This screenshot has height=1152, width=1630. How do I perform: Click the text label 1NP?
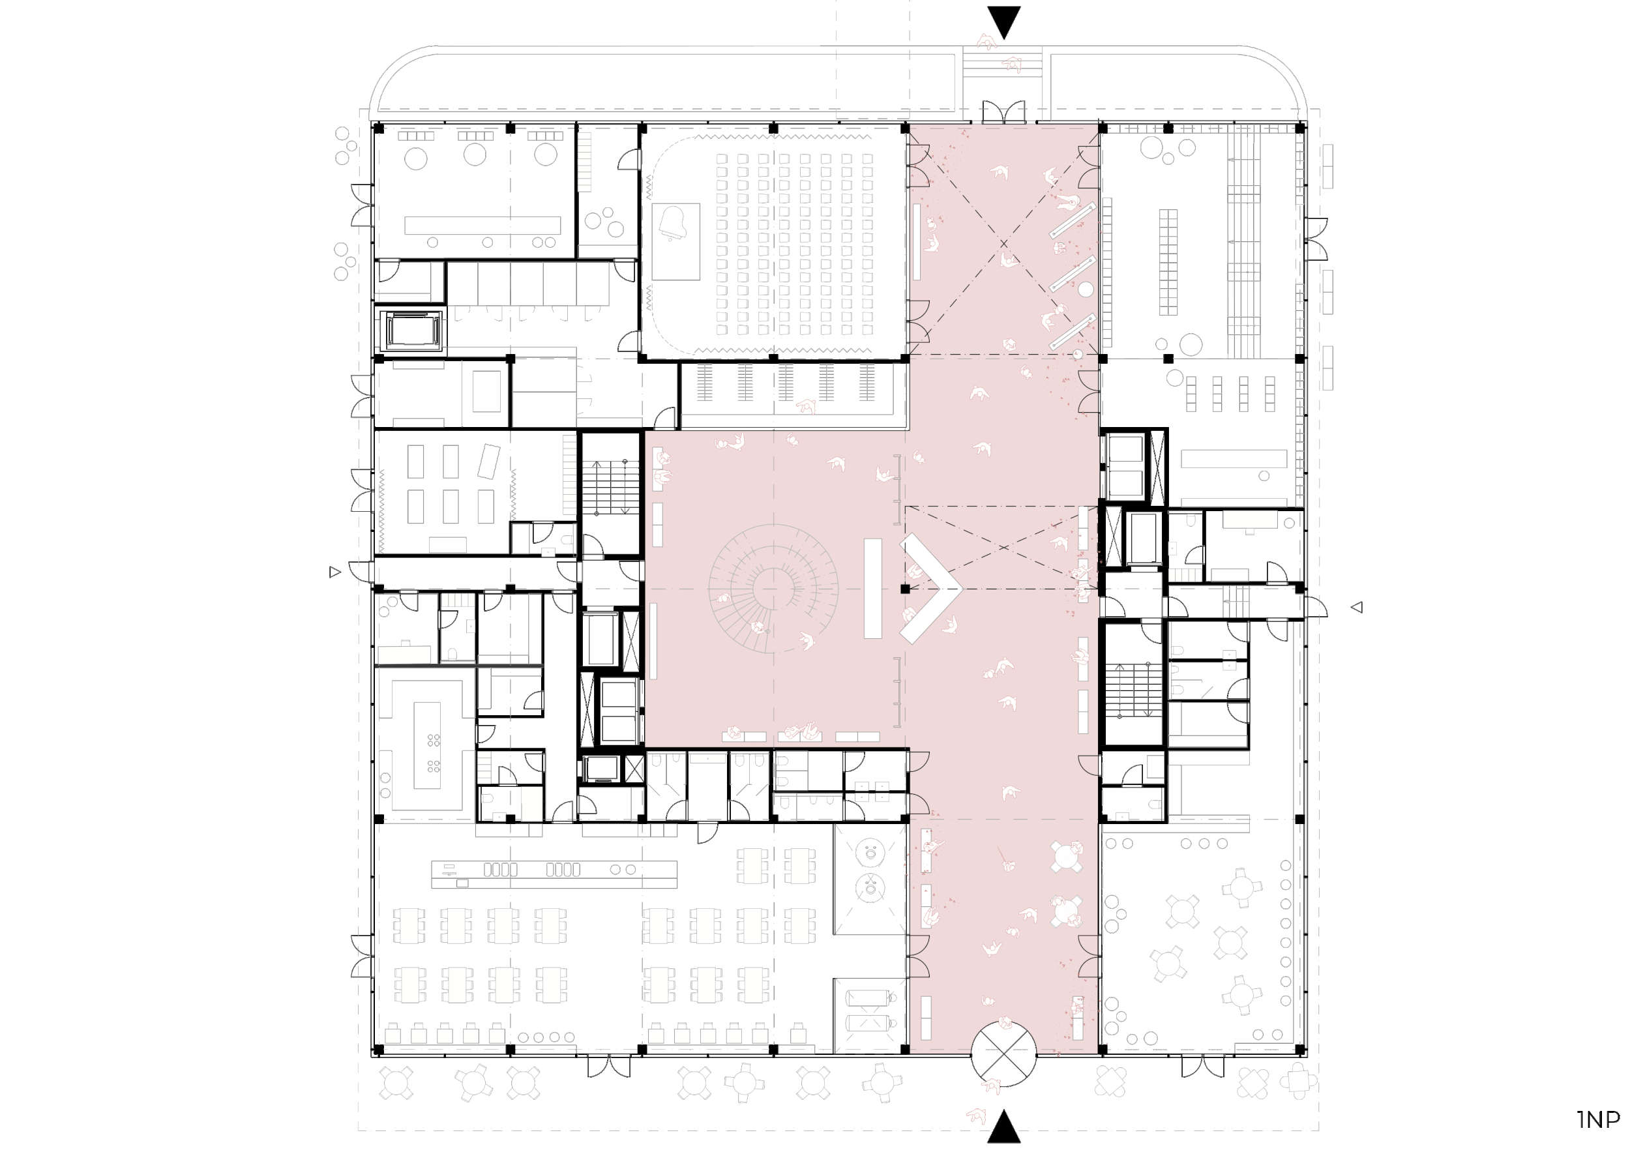click(1598, 1119)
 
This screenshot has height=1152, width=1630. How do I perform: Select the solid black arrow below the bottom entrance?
click(1004, 1127)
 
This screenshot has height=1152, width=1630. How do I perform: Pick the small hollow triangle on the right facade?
click(1357, 607)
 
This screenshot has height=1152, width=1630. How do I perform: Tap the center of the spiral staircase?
click(773, 589)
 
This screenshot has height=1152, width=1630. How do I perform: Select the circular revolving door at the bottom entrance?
click(1003, 1054)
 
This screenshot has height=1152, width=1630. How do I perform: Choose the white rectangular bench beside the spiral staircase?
click(872, 589)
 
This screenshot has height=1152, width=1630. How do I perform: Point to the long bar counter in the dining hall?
click(554, 874)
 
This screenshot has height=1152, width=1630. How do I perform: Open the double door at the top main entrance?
click(1003, 112)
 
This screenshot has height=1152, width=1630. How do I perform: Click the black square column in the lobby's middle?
click(904, 589)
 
